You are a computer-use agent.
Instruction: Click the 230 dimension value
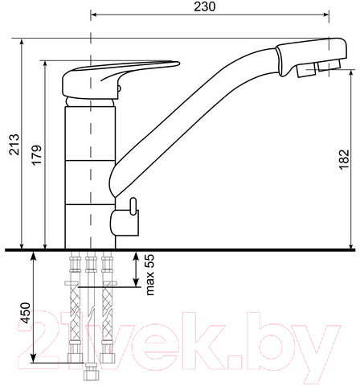click(x=204, y=7)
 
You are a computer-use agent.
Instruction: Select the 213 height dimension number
click(x=14, y=145)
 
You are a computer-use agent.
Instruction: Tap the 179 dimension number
click(x=37, y=155)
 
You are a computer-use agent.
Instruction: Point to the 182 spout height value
click(x=345, y=159)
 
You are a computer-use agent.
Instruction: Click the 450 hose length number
click(x=26, y=313)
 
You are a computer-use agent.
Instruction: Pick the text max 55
click(x=150, y=275)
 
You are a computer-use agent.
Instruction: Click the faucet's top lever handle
click(x=121, y=79)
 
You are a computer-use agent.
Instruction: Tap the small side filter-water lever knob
click(x=133, y=207)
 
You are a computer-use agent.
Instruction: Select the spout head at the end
click(x=311, y=57)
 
